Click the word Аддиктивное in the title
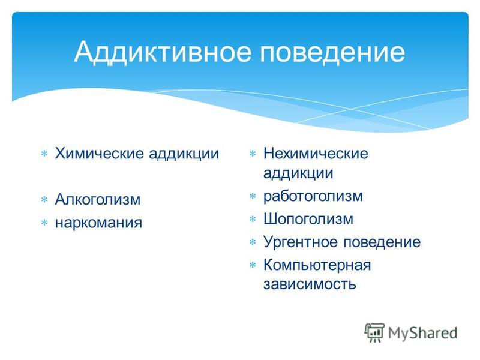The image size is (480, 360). click(163, 52)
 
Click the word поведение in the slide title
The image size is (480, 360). click(332, 52)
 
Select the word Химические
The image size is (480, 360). click(100, 154)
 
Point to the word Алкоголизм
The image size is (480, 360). click(98, 200)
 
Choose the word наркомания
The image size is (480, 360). click(98, 223)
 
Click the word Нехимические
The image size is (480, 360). click(316, 154)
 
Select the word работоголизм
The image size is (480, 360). click(313, 196)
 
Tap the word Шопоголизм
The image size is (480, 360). click(308, 219)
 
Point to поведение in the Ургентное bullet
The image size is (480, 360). click(382, 242)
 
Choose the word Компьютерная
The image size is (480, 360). click(317, 265)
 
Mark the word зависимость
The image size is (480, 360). click(310, 284)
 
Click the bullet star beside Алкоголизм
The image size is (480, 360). click(44, 200)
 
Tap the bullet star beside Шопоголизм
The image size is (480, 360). click(253, 219)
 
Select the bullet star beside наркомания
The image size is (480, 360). click(44, 223)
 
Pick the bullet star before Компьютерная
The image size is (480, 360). click(253, 265)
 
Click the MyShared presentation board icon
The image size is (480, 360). click(374, 332)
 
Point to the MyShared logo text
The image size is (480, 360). click(423, 334)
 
